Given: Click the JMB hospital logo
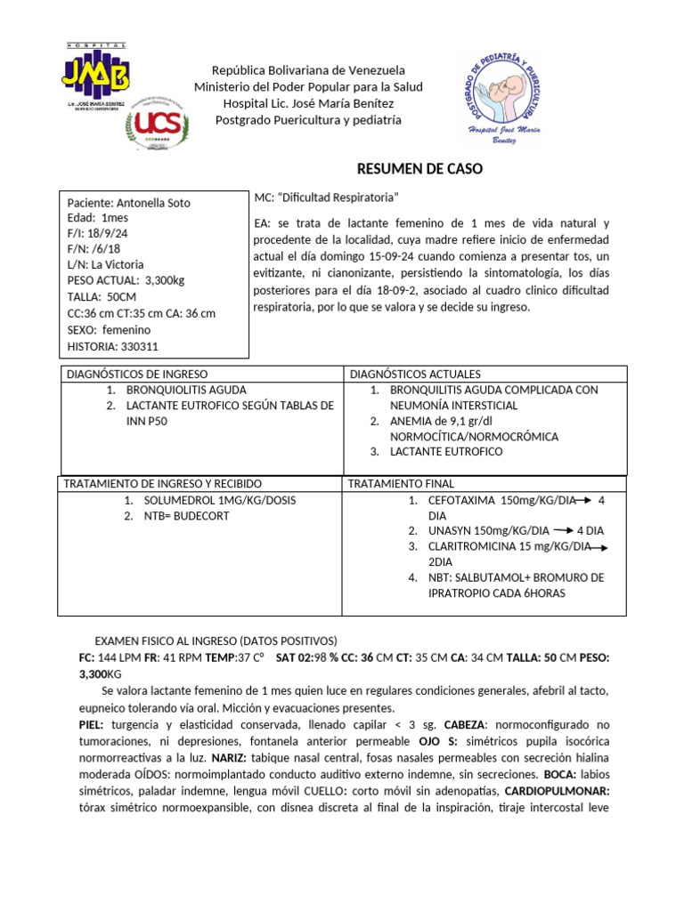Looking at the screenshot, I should (97, 75).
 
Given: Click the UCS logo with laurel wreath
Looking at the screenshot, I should (158, 122).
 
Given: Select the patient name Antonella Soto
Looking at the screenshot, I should (159, 203).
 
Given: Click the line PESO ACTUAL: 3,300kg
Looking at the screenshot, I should (126, 281).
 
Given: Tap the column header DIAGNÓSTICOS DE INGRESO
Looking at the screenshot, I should (137, 375).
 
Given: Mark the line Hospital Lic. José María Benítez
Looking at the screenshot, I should (308, 103).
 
